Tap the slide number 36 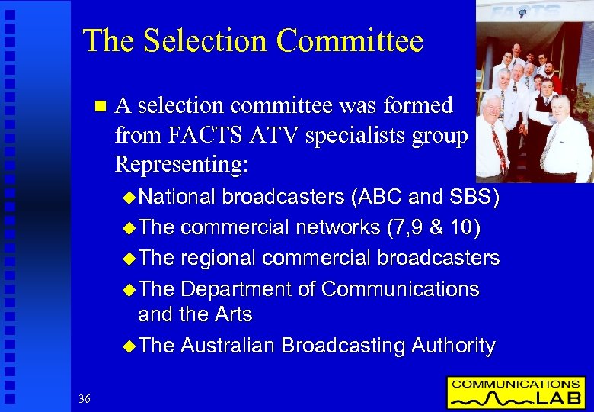(x=84, y=398)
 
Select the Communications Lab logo (x=516, y=391)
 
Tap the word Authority (x=453, y=346)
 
